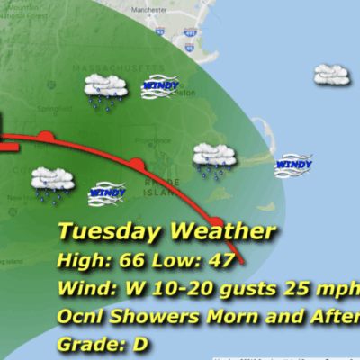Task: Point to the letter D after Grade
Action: [139, 344]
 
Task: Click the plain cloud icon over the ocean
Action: [331, 74]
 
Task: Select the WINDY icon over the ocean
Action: [294, 165]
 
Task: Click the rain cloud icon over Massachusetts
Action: [104, 90]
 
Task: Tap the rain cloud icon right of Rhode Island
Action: [214, 159]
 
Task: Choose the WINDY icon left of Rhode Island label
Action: [106, 193]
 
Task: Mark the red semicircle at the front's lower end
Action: [216, 222]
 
